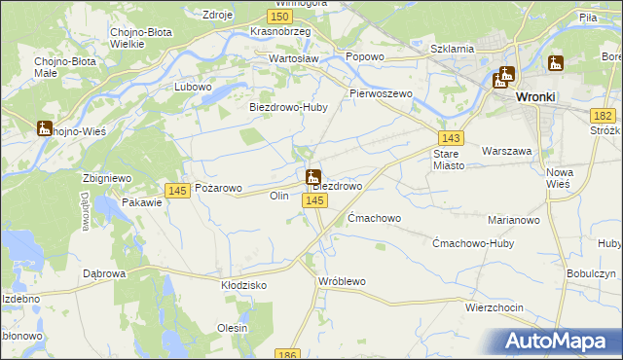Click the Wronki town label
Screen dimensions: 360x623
(535, 97)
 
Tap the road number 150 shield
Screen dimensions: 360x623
(280, 17)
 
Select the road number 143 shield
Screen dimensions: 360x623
(449, 138)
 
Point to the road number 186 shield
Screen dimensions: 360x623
(286, 355)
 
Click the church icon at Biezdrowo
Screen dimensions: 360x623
(313, 178)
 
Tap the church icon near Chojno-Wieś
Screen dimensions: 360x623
(45, 127)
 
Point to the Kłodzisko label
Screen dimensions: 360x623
(243, 286)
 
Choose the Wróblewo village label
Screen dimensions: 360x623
(342, 281)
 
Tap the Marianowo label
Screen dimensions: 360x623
(514, 220)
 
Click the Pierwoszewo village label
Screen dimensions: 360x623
(382, 93)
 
